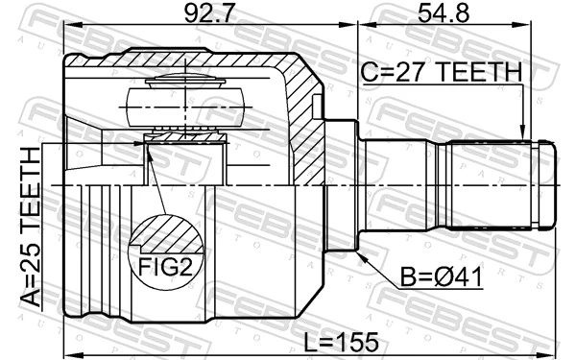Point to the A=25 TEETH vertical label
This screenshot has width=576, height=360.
pyautogui.click(x=30, y=227)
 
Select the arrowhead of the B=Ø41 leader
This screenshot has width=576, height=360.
pyautogui.click(x=362, y=255)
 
